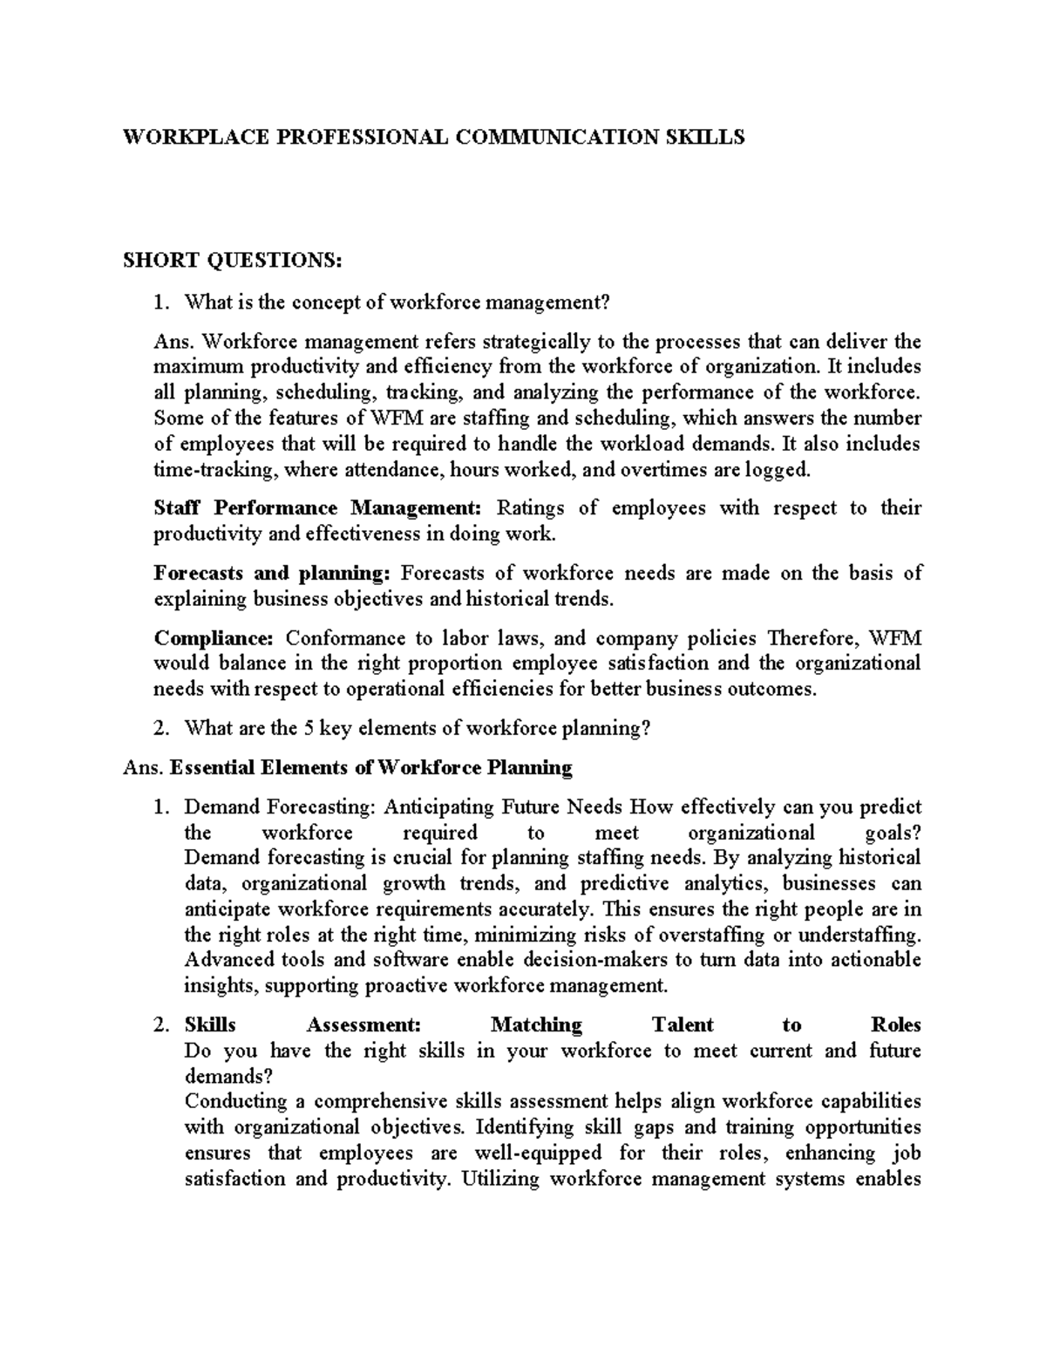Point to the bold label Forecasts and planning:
pos(271,573)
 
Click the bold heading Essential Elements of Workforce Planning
pos(370,768)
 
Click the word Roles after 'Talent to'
pos(895,1024)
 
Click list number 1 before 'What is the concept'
pos(159,303)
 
